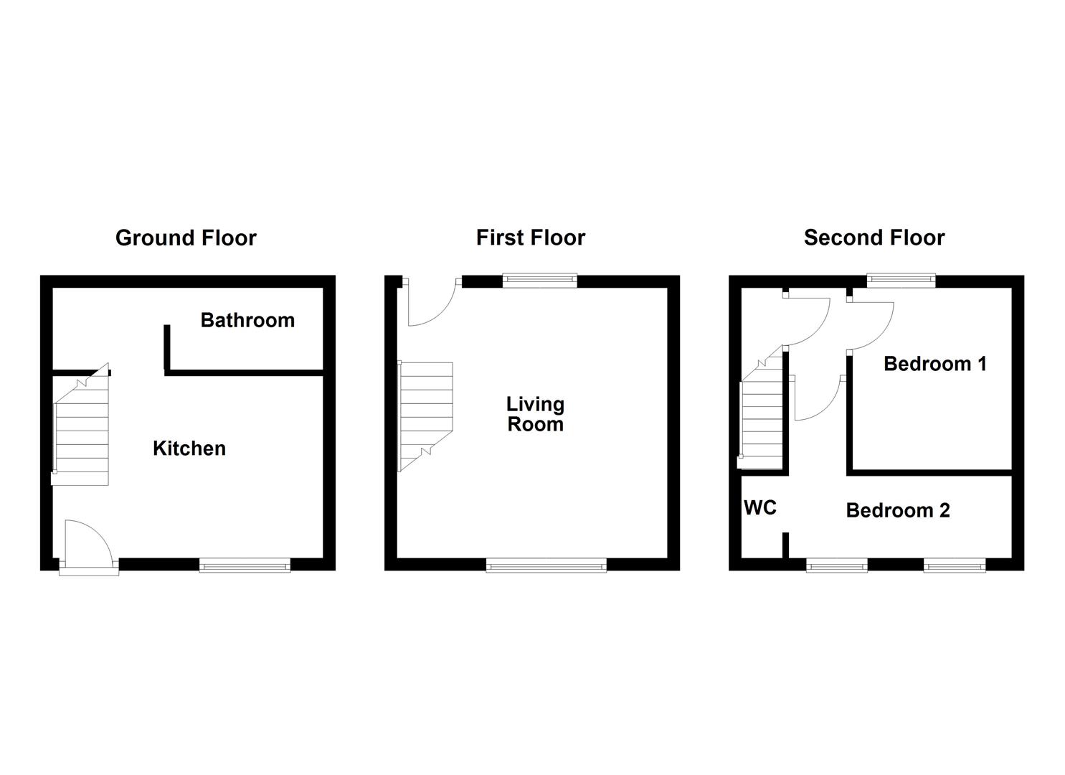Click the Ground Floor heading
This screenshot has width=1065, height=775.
(186, 238)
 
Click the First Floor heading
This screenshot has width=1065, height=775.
(530, 238)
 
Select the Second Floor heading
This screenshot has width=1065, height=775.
(874, 238)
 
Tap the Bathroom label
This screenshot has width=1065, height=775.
(247, 320)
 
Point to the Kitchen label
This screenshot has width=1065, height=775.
(189, 448)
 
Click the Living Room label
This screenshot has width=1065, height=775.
(535, 414)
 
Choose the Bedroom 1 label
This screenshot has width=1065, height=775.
(934, 364)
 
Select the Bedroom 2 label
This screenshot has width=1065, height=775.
(897, 510)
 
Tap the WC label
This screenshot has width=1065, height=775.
(760, 508)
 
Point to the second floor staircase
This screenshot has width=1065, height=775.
(762, 416)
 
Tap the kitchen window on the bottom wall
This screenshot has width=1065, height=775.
(245, 566)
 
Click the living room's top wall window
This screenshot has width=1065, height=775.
(539, 281)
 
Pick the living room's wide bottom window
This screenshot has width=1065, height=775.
(546, 566)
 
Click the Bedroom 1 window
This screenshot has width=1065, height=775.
(901, 281)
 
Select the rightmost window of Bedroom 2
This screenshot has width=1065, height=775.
(954, 566)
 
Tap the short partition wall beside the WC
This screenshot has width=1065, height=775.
(785, 545)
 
